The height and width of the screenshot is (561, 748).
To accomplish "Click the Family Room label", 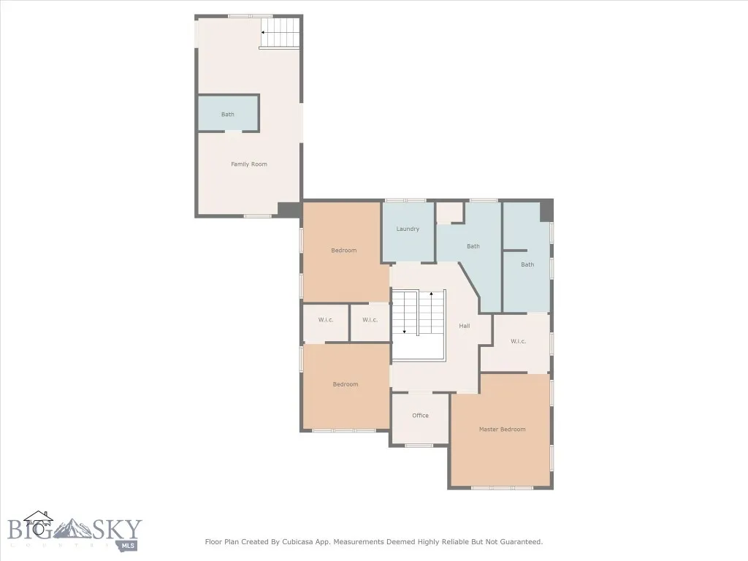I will (x=249, y=164).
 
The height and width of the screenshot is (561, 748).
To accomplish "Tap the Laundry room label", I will (x=408, y=229).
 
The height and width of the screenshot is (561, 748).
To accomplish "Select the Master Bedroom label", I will (x=502, y=430).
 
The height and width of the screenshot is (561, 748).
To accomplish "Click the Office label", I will (x=420, y=416).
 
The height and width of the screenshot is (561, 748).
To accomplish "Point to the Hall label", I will (x=464, y=326).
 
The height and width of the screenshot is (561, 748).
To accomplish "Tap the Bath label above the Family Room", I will (x=228, y=115).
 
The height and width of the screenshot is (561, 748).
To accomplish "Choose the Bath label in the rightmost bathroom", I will (x=527, y=264).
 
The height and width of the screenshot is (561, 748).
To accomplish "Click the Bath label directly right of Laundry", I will (x=473, y=246).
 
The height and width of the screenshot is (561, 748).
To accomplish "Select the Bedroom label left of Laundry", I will (x=344, y=251).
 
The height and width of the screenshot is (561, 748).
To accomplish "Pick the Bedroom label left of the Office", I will (x=346, y=384).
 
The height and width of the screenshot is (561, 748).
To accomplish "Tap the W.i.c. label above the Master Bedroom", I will (x=518, y=342).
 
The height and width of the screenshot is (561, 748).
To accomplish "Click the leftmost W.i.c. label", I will (x=326, y=320).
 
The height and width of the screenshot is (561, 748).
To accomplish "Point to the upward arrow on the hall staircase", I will (x=432, y=294).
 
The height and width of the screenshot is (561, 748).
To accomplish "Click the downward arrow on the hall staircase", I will (x=404, y=331).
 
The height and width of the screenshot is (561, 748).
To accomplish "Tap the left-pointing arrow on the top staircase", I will (x=264, y=32).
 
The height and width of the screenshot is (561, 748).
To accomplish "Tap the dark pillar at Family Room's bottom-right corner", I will (x=289, y=210).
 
